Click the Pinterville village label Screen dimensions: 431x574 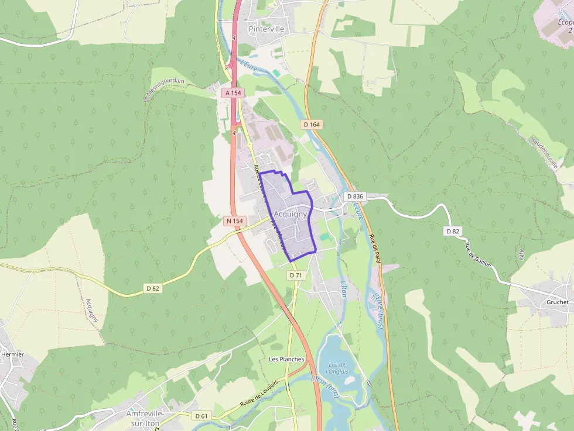click(x=266, y=28)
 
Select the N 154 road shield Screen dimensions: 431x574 click(x=234, y=221)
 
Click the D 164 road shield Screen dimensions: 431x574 click(x=312, y=125)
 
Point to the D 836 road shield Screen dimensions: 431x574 click(x=354, y=196)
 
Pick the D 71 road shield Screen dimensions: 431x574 click(x=296, y=275)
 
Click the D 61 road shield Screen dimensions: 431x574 click(x=201, y=416)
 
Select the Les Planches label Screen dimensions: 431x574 click(x=286, y=359)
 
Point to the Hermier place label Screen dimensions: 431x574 click(x=12, y=354)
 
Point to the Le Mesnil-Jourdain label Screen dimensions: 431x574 click(x=163, y=91)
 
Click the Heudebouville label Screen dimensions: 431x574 click(x=544, y=152)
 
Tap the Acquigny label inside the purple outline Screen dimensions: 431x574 click(x=291, y=214)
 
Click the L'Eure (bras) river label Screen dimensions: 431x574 click(x=377, y=310)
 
